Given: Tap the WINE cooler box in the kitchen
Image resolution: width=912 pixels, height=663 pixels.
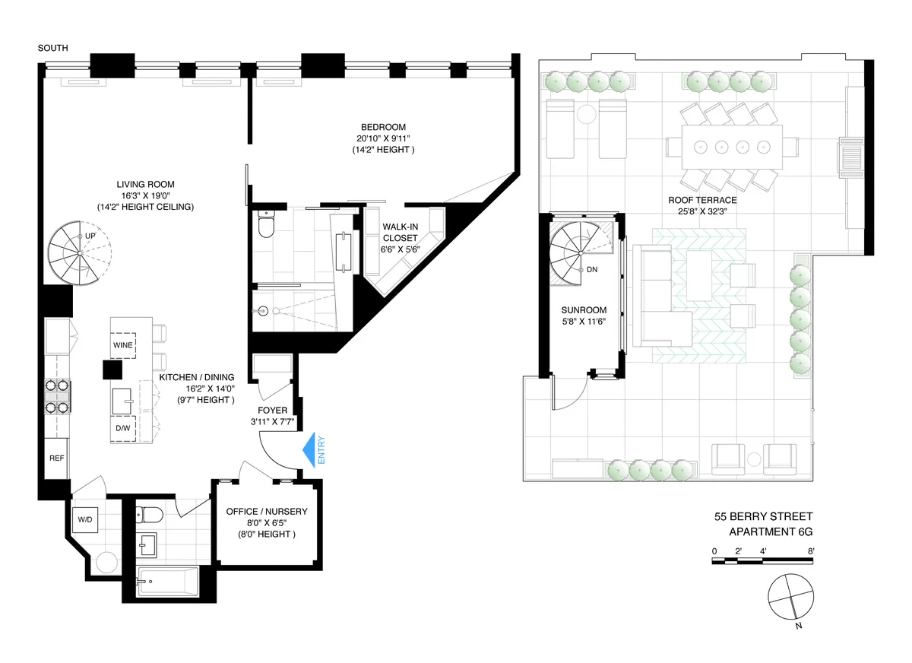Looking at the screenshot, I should click(x=123, y=344).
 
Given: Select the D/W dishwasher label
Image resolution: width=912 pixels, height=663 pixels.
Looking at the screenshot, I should click(x=123, y=428).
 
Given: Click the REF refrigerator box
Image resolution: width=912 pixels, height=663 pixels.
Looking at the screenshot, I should click(x=57, y=458).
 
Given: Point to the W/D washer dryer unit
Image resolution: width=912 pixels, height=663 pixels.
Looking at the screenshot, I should click(x=84, y=520).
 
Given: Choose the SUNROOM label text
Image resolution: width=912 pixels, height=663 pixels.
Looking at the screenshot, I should click(x=584, y=311).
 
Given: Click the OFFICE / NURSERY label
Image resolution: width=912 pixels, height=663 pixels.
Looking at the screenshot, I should click(x=267, y=512).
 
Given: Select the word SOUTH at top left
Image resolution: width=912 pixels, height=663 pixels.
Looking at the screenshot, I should click(x=53, y=48).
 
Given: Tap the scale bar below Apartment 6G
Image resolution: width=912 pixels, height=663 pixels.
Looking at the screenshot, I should click(x=763, y=561).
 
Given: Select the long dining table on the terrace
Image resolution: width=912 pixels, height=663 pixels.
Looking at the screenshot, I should click(x=731, y=145).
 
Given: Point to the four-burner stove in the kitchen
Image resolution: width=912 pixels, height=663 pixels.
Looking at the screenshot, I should click(x=57, y=396).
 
